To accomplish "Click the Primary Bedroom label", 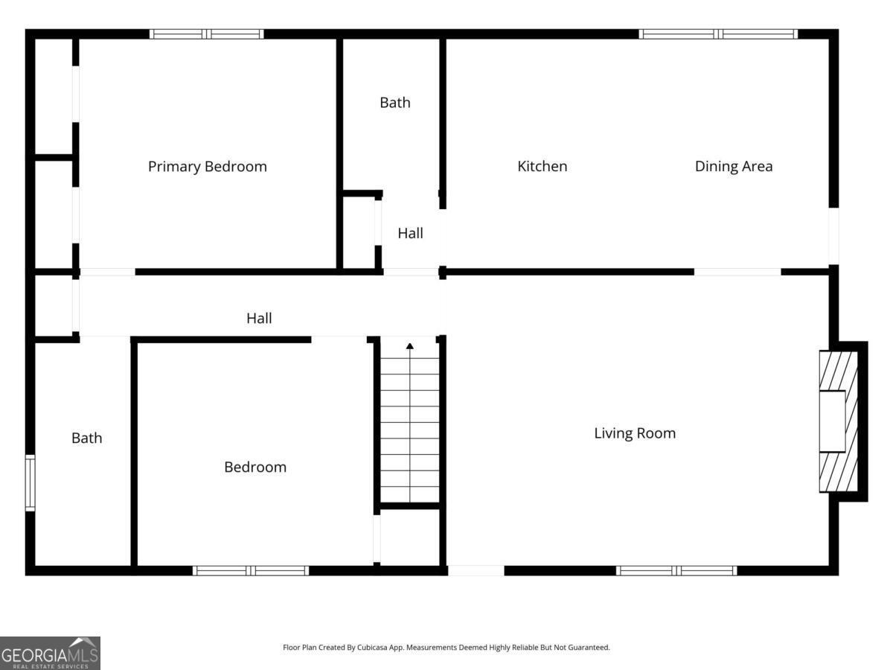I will (207, 166).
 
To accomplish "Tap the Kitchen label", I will (542, 166).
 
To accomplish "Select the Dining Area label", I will (733, 166).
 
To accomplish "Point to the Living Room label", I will (634, 433).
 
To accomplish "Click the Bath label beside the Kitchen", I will (394, 103).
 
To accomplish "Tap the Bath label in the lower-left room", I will (86, 438).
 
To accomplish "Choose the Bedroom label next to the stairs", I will (255, 467).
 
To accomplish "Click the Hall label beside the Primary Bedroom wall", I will (259, 318).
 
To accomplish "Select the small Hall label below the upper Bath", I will (410, 233).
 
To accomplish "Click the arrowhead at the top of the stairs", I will (409, 345).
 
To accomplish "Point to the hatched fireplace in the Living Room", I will (838, 421).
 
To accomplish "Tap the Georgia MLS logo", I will (50, 653).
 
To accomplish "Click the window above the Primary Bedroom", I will (206, 33).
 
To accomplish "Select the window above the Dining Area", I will (718, 33).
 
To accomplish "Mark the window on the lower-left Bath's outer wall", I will (30, 482).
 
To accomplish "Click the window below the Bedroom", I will (250, 570).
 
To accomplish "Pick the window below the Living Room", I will (676, 570).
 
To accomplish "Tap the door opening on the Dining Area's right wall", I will (833, 235).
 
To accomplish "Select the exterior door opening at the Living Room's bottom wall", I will (476, 570).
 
